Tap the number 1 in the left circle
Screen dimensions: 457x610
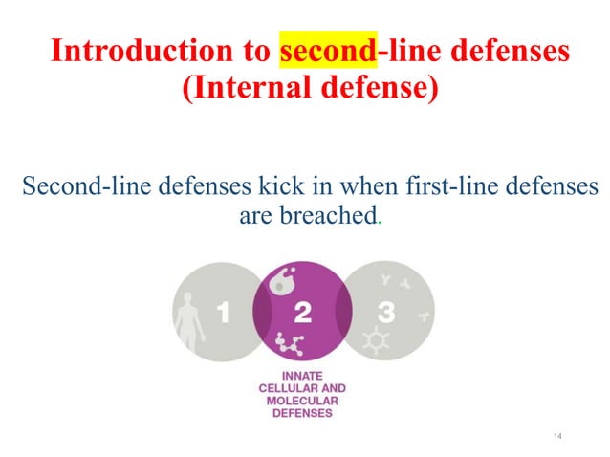(x=223, y=313)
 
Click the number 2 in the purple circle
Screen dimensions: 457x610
(x=303, y=313)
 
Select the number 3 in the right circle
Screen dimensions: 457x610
(x=386, y=313)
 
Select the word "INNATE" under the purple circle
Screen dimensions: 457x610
(x=302, y=376)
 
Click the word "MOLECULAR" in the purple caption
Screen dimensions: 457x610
(x=302, y=402)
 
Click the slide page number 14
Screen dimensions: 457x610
(x=559, y=437)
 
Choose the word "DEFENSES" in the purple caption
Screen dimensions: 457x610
(x=302, y=414)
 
